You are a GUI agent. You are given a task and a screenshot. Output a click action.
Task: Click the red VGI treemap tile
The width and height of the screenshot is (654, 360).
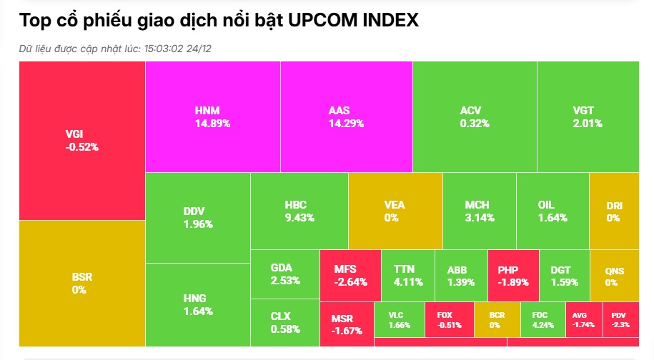[x=81, y=141]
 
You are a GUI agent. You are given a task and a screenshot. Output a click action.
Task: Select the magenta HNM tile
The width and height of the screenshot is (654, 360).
[x=212, y=116]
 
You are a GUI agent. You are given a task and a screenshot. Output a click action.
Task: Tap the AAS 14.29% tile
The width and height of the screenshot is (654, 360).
[x=346, y=116]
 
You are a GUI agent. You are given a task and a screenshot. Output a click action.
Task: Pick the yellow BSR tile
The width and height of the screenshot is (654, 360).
[x=81, y=282]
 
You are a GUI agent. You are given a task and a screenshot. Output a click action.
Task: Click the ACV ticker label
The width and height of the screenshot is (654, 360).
[x=470, y=111]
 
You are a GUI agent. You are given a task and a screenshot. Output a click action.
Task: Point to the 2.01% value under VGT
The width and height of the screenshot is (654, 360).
[x=588, y=123]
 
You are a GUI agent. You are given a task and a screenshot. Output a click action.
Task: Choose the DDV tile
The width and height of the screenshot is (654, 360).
[x=197, y=217]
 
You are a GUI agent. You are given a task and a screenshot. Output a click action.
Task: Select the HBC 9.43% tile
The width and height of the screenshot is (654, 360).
[x=299, y=211]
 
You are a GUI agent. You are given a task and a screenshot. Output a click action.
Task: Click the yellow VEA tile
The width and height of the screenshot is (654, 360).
[x=395, y=211]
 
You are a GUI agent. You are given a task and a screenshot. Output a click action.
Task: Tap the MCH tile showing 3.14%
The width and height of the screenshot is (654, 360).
[x=479, y=211]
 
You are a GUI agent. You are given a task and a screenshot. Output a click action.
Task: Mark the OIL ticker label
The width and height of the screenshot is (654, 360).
[x=546, y=205]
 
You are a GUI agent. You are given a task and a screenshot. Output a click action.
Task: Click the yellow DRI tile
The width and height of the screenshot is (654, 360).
[x=613, y=211]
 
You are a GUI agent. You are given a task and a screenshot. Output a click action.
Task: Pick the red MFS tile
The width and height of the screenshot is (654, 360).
[x=350, y=275]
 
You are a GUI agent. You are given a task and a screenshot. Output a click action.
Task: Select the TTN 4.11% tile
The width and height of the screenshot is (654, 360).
[x=407, y=275]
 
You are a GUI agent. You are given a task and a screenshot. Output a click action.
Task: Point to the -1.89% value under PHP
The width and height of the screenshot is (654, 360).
[x=513, y=282]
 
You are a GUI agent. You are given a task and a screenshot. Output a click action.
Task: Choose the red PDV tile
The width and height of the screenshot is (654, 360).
[x=620, y=319]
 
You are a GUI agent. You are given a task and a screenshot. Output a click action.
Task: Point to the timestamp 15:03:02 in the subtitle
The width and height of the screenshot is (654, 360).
[x=165, y=48]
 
